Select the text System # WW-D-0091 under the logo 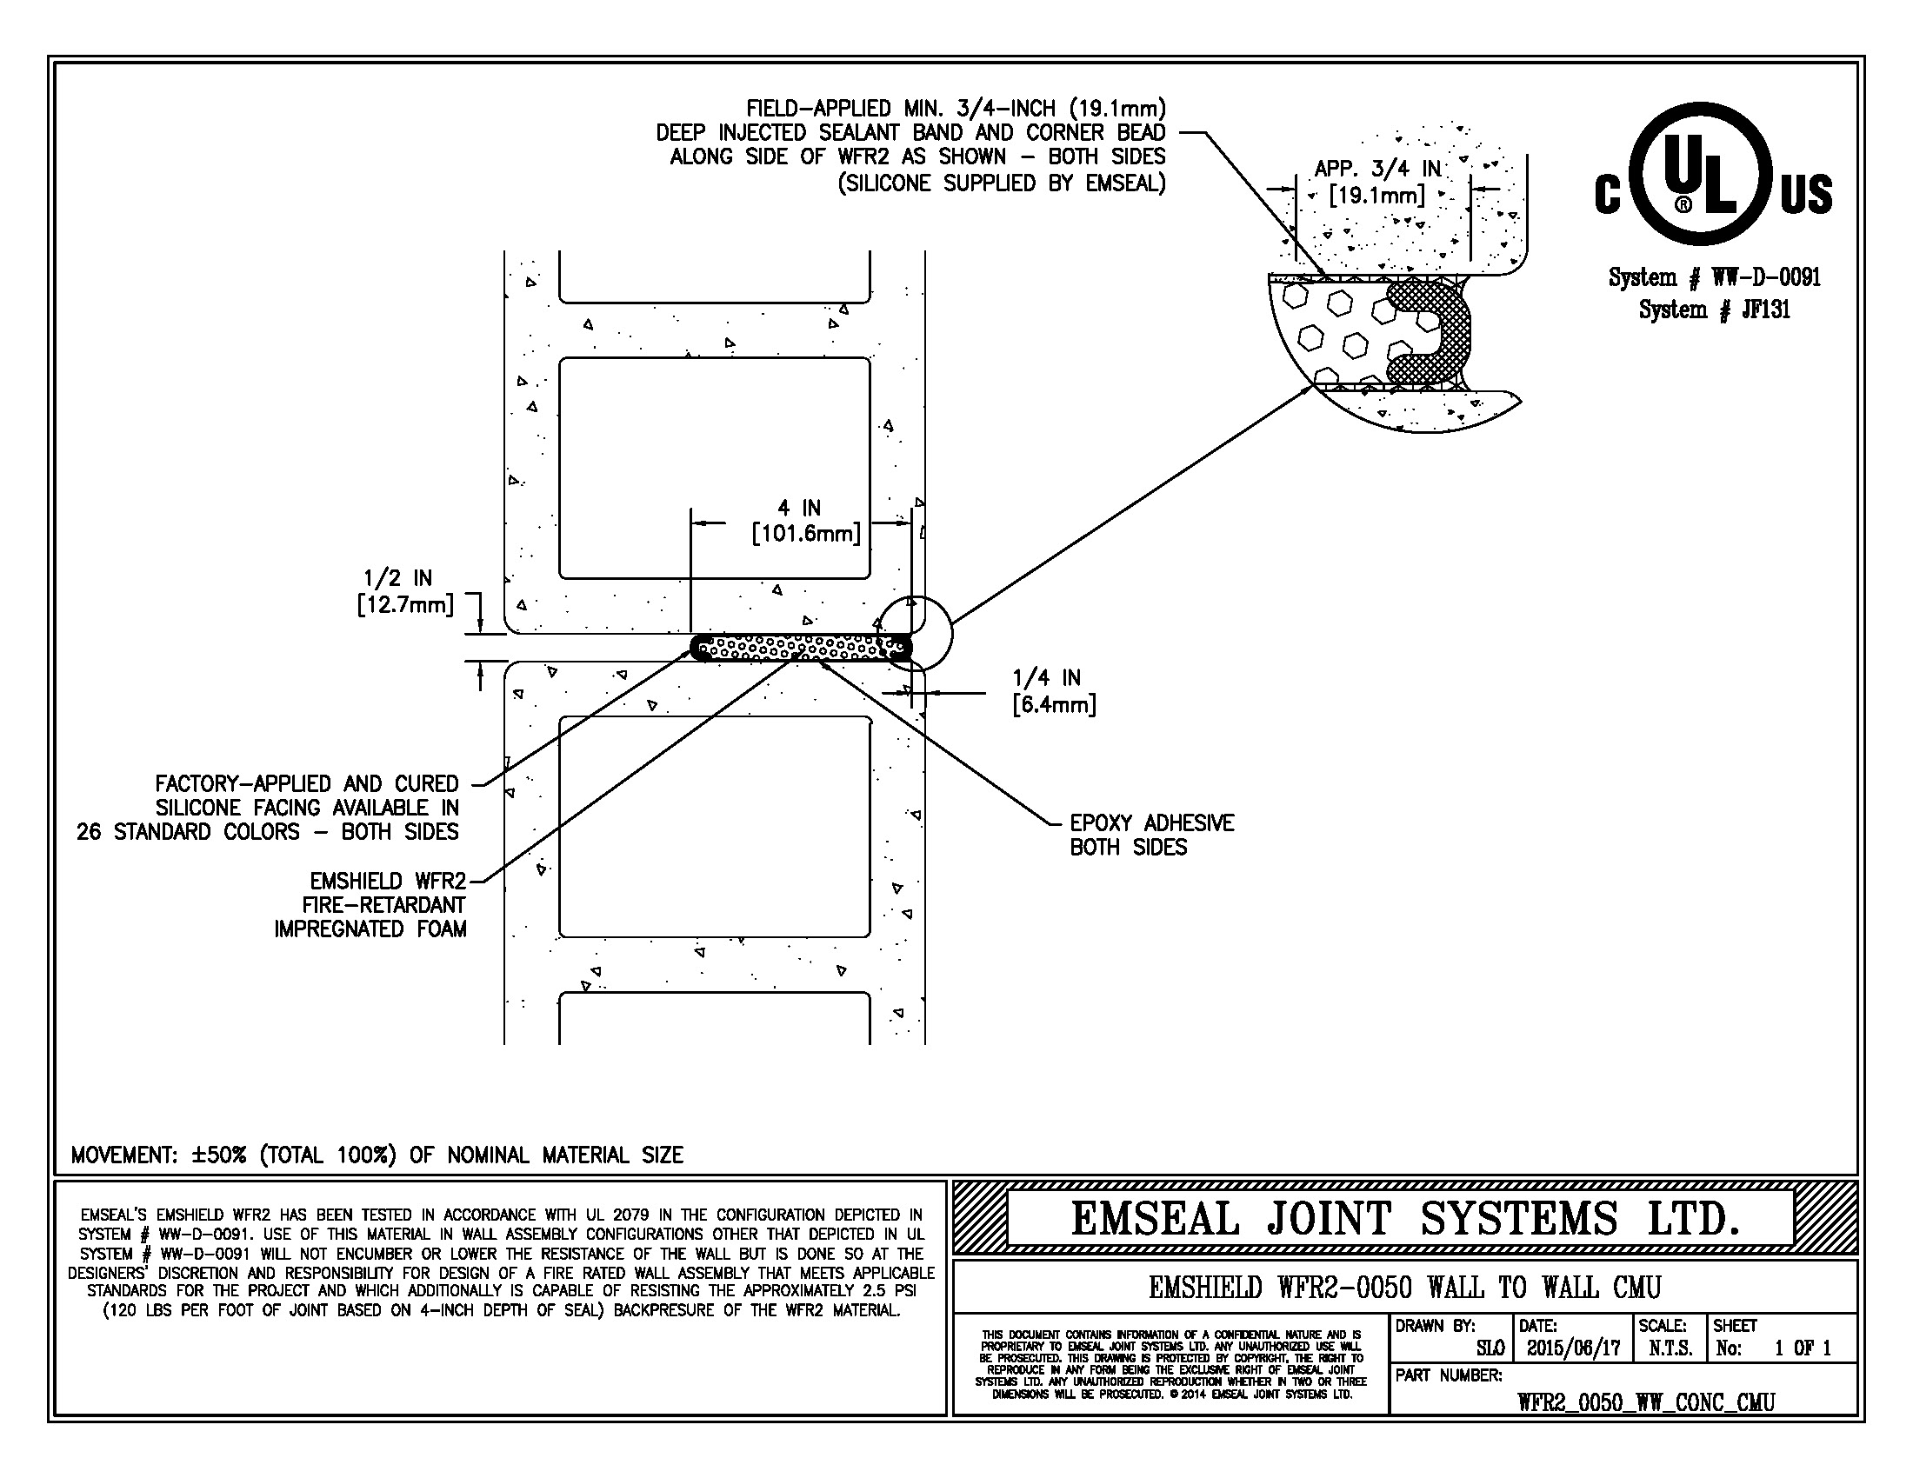pyautogui.click(x=1714, y=277)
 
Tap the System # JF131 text pyautogui.click(x=1714, y=310)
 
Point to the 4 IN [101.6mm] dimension pyautogui.click(x=804, y=521)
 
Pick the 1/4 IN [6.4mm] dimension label pyautogui.click(x=1053, y=691)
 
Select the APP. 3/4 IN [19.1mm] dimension pyautogui.click(x=1377, y=182)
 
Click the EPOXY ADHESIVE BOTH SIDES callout pyautogui.click(x=1151, y=835)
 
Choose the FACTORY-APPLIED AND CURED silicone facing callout pyautogui.click(x=268, y=808)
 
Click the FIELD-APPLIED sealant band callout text pyautogui.click(x=911, y=145)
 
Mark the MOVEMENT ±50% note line pyautogui.click(x=377, y=1155)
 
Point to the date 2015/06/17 pyautogui.click(x=1573, y=1348)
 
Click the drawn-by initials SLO pyautogui.click(x=1490, y=1348)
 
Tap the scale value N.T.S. pyautogui.click(x=1670, y=1348)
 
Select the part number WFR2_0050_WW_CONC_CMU pyautogui.click(x=1645, y=1401)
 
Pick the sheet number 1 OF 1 pyautogui.click(x=1803, y=1348)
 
